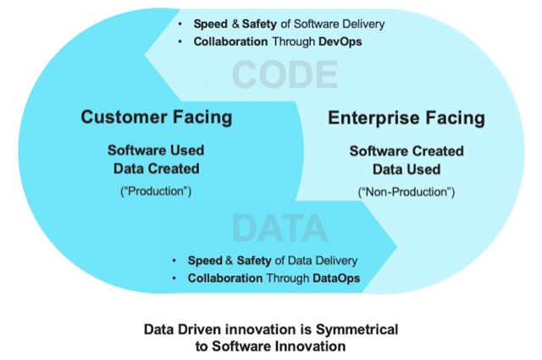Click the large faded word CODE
285,75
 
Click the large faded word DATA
279,228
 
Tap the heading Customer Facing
157,117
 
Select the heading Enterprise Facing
406,118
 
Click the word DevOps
340,42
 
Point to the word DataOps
336,278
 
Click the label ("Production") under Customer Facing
156,191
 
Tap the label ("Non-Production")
406,192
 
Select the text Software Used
156,151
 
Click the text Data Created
156,169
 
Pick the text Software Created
406,151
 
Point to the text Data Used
406,169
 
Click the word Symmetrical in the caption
357,330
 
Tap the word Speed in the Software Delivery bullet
211,24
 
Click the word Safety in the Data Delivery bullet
254,260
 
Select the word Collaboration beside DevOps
230,42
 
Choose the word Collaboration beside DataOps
225,278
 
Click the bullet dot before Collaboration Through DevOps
180,42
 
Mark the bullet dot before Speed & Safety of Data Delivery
174,260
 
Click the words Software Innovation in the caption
279,346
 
